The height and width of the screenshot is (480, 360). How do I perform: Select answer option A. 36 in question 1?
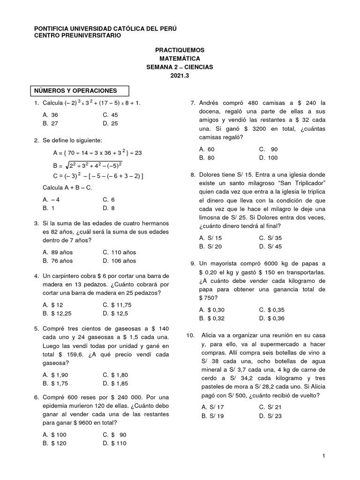pos(50,115)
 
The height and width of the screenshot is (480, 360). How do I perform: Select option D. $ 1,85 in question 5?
pos(115,384)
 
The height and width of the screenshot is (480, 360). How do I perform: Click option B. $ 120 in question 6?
pos(54,443)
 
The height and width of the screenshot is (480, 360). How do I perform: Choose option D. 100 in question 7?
pos(268,158)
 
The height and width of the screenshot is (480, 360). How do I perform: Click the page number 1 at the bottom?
pos(323,456)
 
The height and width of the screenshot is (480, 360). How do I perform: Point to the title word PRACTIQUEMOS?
pos(180,50)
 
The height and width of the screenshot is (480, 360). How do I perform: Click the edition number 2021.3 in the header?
pos(180,75)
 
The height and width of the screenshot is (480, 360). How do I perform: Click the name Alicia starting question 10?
pos(210,336)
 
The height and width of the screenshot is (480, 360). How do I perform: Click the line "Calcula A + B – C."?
pos(67,188)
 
